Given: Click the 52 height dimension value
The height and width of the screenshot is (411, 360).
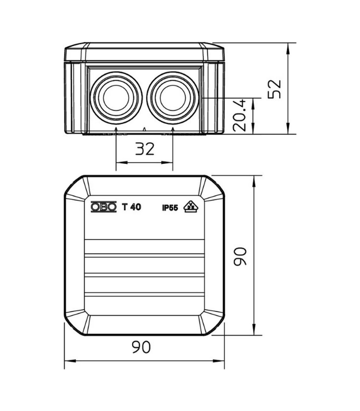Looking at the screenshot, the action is pos(274,89).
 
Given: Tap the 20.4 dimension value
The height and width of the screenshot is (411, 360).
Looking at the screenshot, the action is pos(240,115).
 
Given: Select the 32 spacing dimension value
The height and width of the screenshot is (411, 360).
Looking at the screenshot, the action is pos(145,149).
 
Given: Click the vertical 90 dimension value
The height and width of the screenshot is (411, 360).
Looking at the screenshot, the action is pos(240,256).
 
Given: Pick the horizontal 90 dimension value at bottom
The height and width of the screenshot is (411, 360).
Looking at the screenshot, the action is pos(141,347).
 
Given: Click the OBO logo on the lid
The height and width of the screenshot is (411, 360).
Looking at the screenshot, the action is pos(104,207).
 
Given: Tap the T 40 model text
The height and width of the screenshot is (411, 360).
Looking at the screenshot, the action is pos(132,207).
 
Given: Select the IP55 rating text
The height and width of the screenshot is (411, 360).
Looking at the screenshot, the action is pos(170,208).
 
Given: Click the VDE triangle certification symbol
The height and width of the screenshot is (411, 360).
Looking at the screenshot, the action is pos(191,207).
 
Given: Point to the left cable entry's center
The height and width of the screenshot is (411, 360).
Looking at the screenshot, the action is pos(116,98).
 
